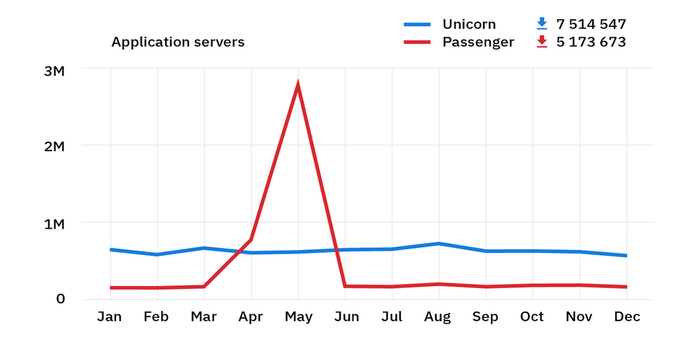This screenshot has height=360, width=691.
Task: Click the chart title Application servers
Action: pyautogui.click(x=178, y=42)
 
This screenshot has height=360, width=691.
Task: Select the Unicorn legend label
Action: pyautogui.click(x=468, y=24)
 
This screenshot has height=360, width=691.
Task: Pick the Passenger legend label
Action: pyautogui.click(x=478, y=42)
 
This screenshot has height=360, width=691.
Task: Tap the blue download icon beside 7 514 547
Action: pyautogui.click(x=542, y=24)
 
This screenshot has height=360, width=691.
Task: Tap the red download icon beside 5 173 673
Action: pyautogui.click(x=542, y=42)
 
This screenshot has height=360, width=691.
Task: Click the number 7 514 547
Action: pyautogui.click(x=591, y=24)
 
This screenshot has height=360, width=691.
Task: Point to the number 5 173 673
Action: pyautogui.click(x=591, y=42)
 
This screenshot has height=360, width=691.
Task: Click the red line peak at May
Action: pyautogui.click(x=298, y=85)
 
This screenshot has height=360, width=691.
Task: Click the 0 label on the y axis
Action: pyautogui.click(x=61, y=299)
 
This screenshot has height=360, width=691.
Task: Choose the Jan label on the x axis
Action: pyautogui.click(x=111, y=317)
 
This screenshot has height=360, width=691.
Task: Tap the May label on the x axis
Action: pyautogui.click(x=298, y=317)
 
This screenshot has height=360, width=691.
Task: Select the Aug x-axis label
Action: pyautogui.click(x=438, y=317)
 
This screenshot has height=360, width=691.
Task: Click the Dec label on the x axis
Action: pyautogui.click(x=626, y=317)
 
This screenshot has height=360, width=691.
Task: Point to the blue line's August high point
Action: pyautogui.click(x=438, y=243)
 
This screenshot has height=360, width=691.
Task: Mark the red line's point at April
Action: pyautogui.click(x=251, y=240)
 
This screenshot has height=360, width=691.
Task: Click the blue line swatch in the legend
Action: pyautogui.click(x=417, y=24)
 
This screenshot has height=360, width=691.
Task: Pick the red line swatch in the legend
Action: pyautogui.click(x=417, y=42)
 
